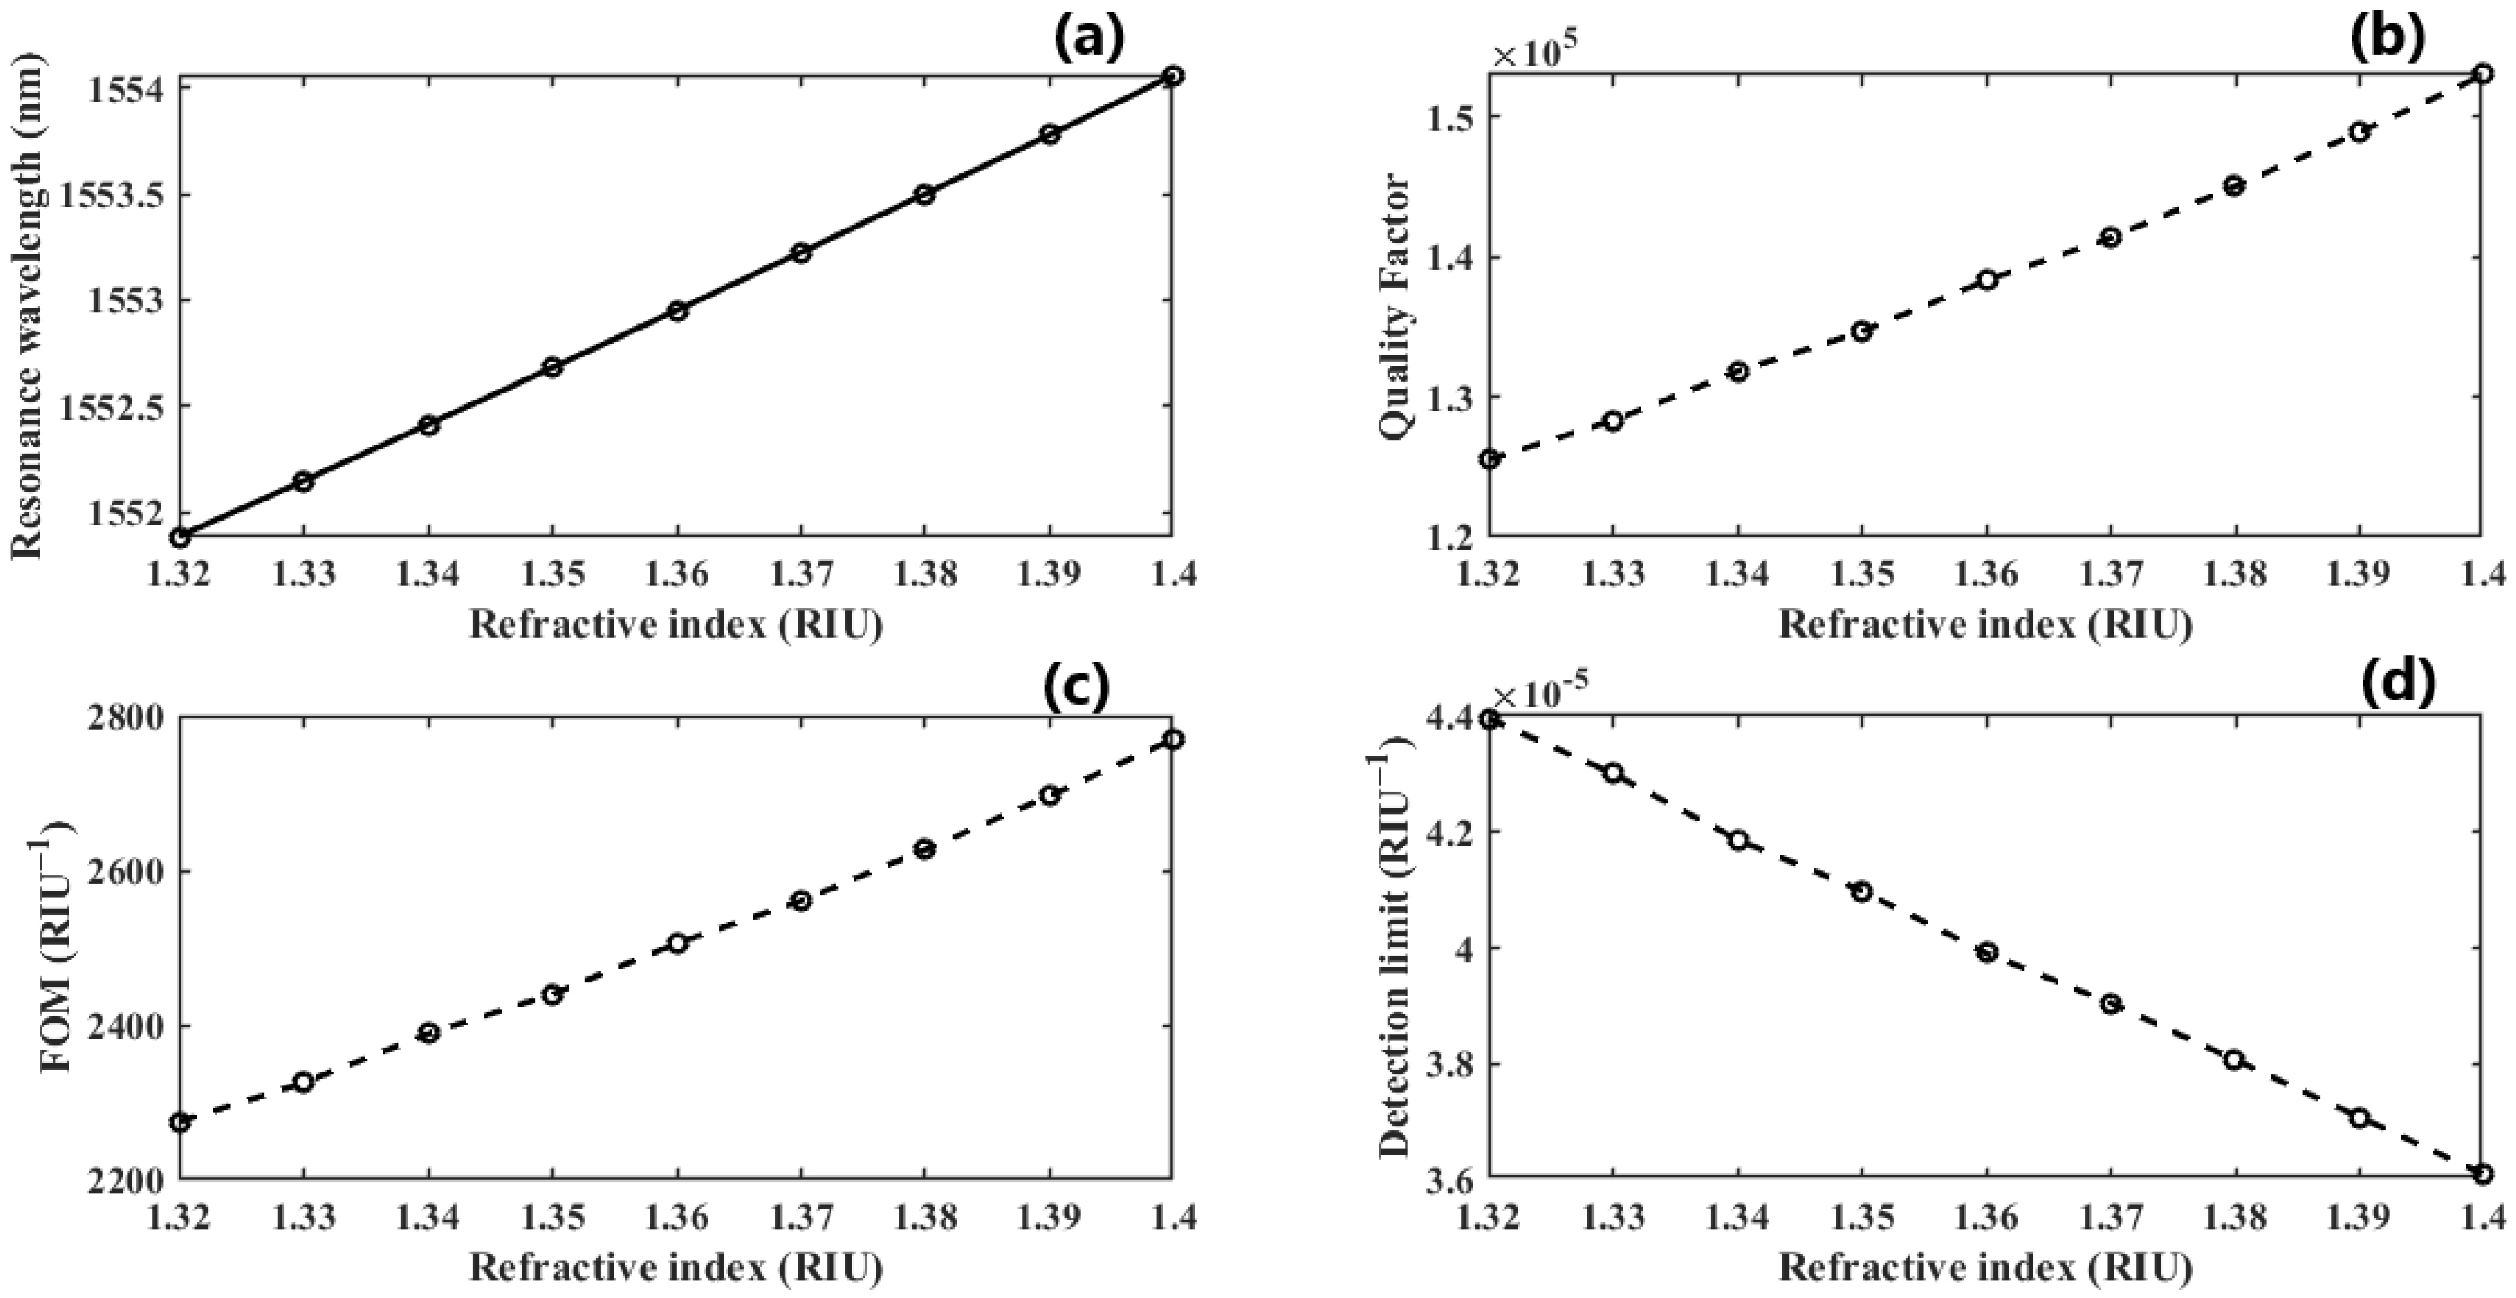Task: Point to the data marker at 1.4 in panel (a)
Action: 1173,76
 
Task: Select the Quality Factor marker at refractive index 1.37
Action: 2110,237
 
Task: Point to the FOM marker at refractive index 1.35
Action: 552,994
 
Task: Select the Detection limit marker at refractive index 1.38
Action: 2234,1059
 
